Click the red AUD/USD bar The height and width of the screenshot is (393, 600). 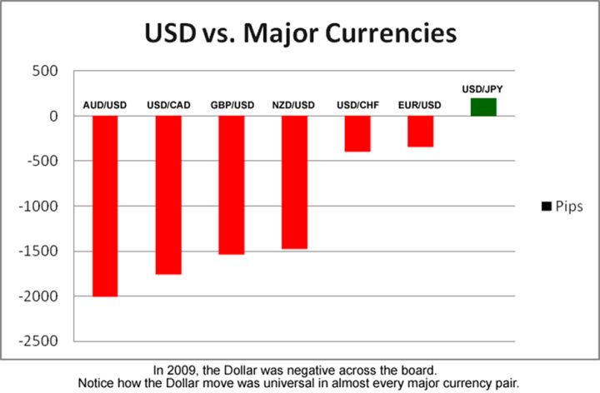[104, 206]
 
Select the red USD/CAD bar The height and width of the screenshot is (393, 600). [168, 195]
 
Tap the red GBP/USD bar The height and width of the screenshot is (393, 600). [231, 185]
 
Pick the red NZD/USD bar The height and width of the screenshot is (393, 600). [294, 182]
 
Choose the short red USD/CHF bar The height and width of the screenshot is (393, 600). [357, 133]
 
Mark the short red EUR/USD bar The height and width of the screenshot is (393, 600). [420, 132]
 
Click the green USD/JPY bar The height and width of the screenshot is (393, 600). [483, 107]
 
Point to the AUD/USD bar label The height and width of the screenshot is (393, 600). [105, 105]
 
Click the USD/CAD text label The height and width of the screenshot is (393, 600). [168, 105]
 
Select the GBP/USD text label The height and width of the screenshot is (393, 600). [231, 105]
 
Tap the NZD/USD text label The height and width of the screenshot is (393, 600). [294, 105]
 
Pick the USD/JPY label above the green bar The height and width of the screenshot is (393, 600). [483, 87]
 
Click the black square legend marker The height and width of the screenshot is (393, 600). [546, 206]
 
